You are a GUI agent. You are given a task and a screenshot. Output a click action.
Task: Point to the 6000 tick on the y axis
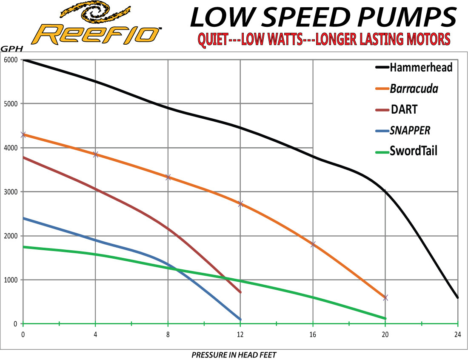point(11,60)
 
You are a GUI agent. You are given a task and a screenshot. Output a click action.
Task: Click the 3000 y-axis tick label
point(11,192)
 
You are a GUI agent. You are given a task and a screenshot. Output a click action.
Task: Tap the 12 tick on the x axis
point(240,334)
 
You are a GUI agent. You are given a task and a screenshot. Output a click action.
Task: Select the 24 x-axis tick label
point(457,334)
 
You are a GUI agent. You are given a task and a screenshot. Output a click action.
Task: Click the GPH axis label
point(11,49)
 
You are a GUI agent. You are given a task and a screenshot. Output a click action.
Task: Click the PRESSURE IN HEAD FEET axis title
point(234,355)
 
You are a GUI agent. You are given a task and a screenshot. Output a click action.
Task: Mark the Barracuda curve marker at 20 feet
point(385,297)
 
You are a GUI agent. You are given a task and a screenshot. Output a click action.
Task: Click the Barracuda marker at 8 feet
point(168,177)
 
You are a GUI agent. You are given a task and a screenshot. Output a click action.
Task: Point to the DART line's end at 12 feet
point(240,292)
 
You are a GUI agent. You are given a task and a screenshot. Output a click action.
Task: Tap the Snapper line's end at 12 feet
point(240,320)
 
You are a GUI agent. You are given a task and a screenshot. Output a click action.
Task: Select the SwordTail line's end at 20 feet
point(385,318)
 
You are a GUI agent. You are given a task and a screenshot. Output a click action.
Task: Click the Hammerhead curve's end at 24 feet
point(457,297)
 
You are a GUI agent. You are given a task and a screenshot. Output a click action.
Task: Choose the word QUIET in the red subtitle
point(213,40)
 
